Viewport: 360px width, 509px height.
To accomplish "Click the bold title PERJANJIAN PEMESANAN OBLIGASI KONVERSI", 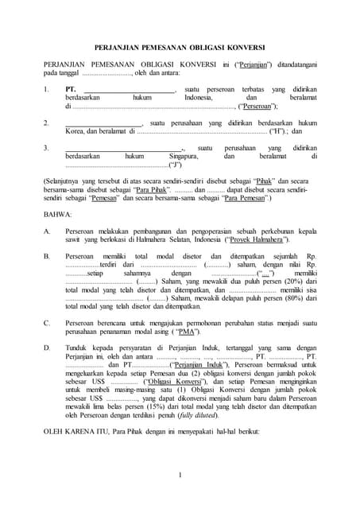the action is click(x=180, y=46).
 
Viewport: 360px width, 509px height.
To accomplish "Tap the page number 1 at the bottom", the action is click(x=180, y=476).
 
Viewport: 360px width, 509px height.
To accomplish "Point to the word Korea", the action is click(x=75, y=131).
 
